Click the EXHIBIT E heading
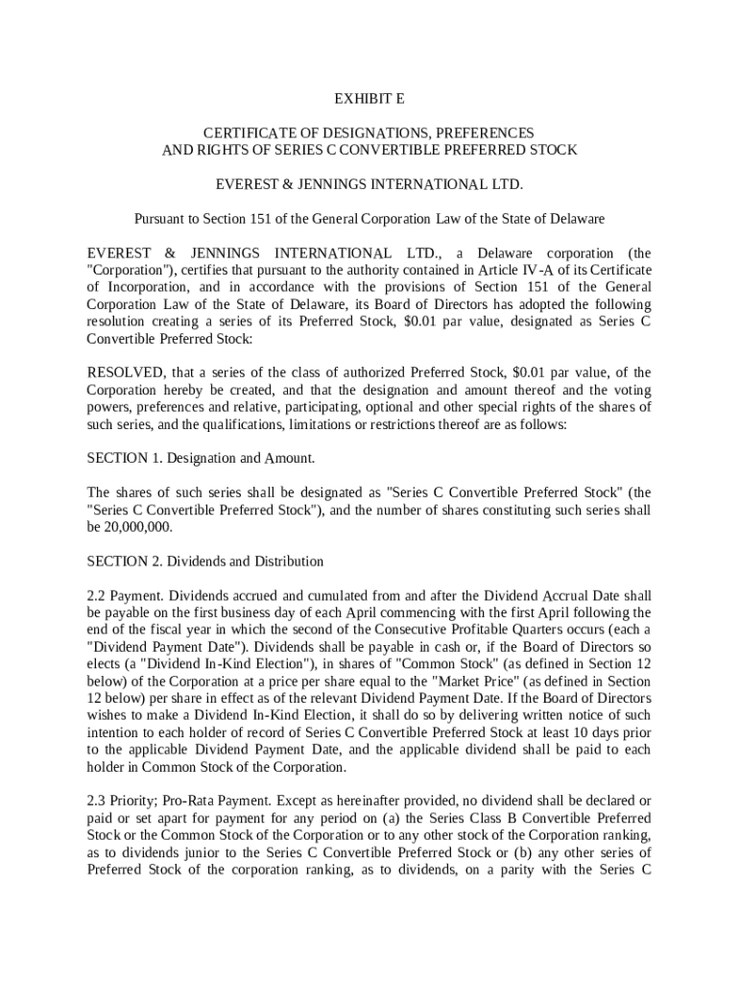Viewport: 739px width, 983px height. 369,99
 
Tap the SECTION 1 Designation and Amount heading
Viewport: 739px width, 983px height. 201,459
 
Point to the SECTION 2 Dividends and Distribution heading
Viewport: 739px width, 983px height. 205,562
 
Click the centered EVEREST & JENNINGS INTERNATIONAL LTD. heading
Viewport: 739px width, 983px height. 369,184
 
